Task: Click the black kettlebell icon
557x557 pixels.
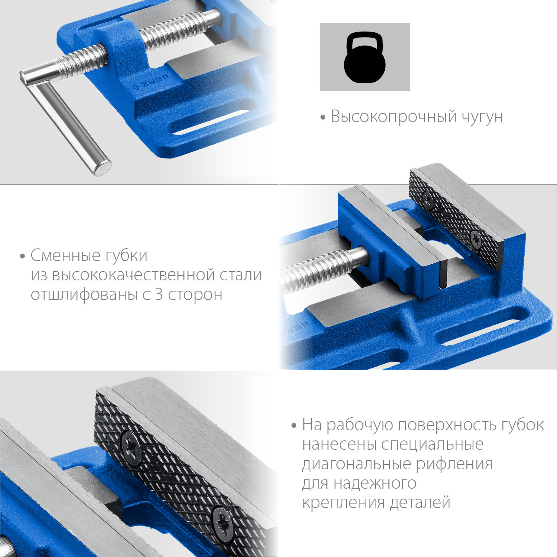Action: pyautogui.click(x=365, y=58)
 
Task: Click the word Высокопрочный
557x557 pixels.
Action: pyautogui.click(x=394, y=117)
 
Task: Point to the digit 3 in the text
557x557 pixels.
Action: pyautogui.click(x=159, y=294)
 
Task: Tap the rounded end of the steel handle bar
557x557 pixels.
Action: pyautogui.click(x=102, y=168)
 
